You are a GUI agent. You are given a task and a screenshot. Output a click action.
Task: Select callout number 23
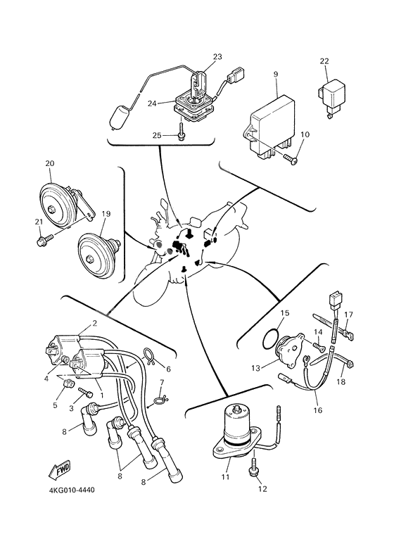(x=217, y=56)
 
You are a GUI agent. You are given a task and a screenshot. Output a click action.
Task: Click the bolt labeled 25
(x=182, y=134)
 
